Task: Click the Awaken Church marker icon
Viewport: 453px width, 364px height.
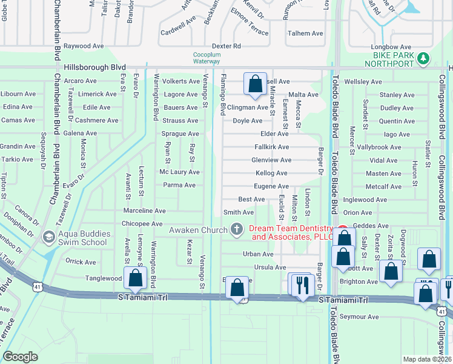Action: (237, 229)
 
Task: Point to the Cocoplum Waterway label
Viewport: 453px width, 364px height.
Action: (206, 58)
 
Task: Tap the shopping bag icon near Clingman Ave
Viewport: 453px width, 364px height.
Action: (255, 83)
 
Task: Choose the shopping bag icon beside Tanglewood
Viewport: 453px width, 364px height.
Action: (136, 277)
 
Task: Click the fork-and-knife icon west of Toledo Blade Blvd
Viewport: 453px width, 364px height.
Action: (302, 284)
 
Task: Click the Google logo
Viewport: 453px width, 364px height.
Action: (21, 357)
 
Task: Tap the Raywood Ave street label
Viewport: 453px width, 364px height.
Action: (85, 46)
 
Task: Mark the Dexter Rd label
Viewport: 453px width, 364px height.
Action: (226, 46)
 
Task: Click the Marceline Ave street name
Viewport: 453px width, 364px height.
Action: (145, 211)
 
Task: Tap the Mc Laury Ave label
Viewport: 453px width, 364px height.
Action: (179, 172)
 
